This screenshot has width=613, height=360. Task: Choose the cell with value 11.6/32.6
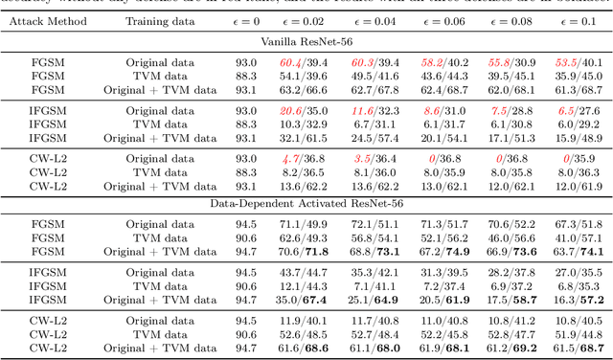(369, 111)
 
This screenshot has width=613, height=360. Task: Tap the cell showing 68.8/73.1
(369, 251)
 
